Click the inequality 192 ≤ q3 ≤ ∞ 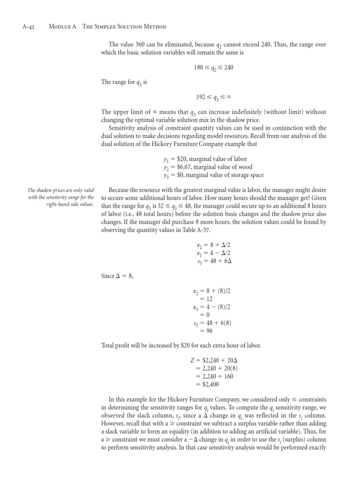click(x=213, y=97)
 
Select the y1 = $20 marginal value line click(x=205, y=159)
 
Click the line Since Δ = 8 click(x=117, y=276)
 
